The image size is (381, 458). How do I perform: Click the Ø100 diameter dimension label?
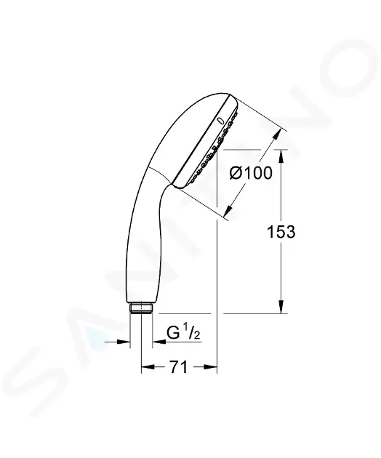click(251, 174)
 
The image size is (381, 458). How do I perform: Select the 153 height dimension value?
click(281, 232)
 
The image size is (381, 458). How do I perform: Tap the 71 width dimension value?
click(179, 367)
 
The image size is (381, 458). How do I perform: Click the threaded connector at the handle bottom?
click(141, 308)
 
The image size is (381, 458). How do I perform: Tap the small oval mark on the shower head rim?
click(221, 121)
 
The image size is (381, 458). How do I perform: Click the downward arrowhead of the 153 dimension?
click(281, 306)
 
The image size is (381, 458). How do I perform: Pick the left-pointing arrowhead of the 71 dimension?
click(148, 367)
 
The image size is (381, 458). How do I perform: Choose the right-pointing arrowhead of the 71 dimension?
click(210, 367)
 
